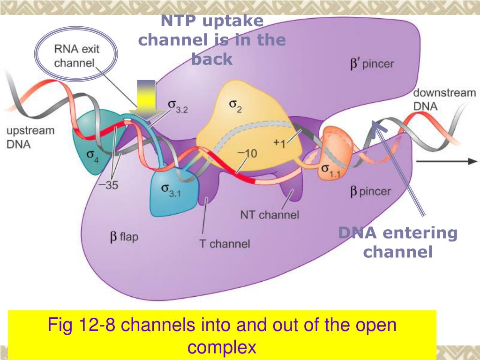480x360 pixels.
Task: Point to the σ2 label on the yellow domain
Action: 235,107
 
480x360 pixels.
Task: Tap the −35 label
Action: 108,185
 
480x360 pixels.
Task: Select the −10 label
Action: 247,154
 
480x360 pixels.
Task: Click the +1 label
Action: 279,143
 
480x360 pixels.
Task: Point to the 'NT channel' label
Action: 269,215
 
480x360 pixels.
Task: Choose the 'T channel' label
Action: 225,244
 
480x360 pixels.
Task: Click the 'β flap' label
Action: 124,237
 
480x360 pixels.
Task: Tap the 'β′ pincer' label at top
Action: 372,64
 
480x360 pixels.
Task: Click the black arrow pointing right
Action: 445,161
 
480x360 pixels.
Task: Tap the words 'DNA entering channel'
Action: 398,242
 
